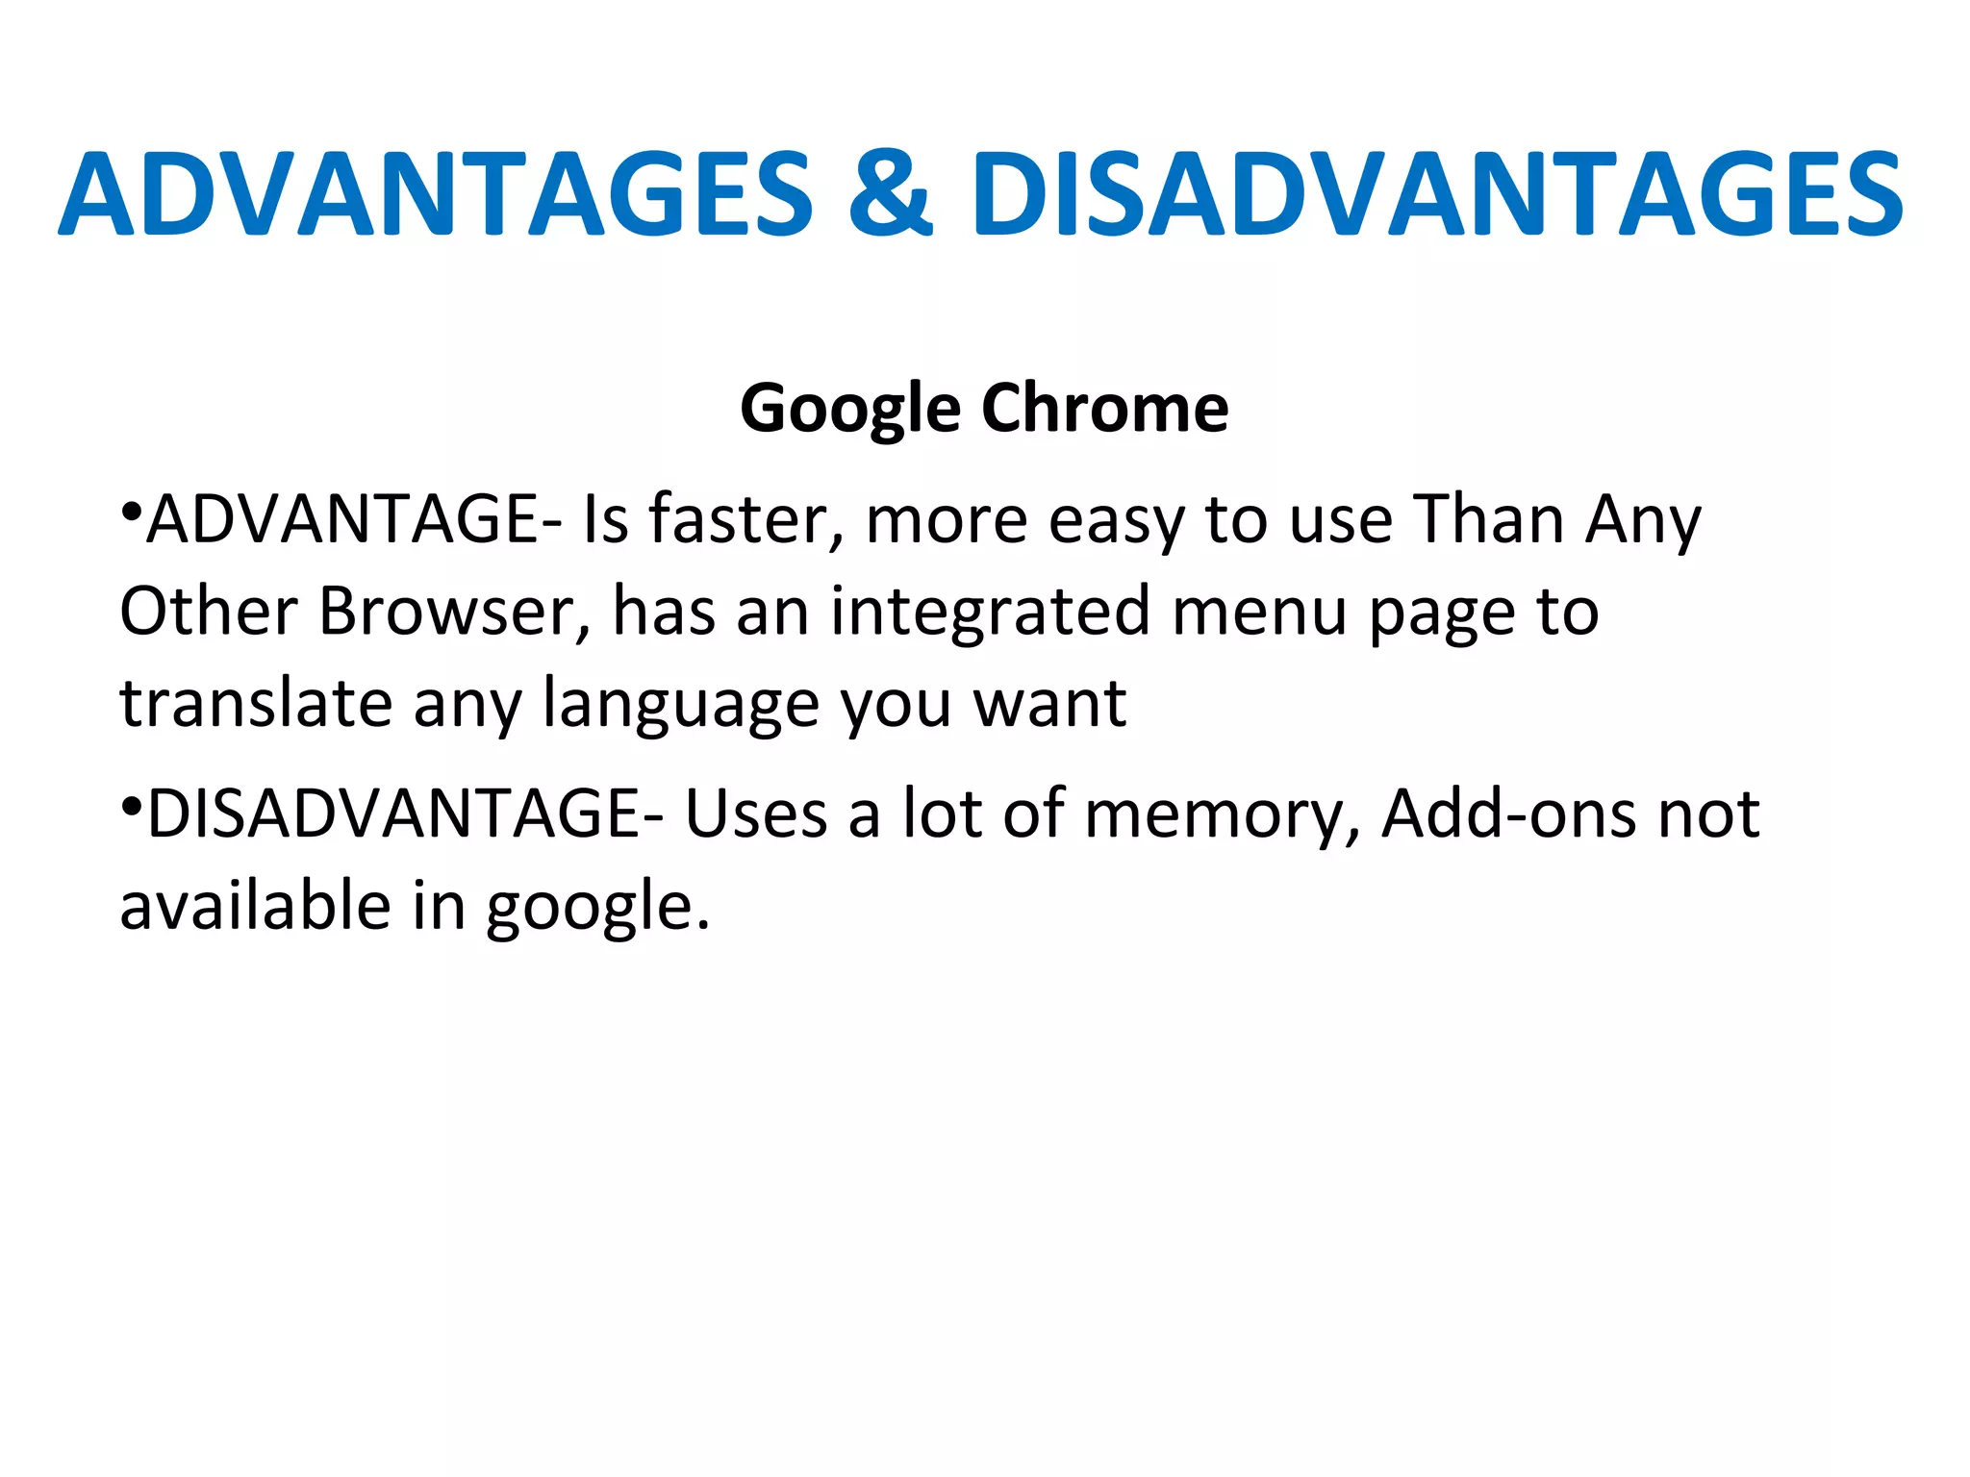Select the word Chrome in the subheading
click(x=1104, y=409)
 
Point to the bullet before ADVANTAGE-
click(x=132, y=510)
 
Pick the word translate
click(x=256, y=703)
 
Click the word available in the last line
click(x=255, y=906)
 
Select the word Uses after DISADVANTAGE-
click(x=756, y=814)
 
